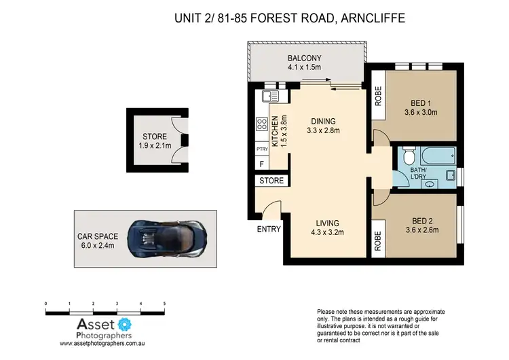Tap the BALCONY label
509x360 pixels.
click(303, 58)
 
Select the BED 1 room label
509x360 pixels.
click(420, 103)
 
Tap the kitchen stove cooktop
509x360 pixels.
click(261, 125)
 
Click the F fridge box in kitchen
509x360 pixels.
click(261, 164)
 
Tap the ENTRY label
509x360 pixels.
click(269, 229)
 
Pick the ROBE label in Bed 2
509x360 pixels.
click(377, 241)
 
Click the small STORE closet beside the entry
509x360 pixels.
click(272, 181)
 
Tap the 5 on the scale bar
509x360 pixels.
click(164, 304)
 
